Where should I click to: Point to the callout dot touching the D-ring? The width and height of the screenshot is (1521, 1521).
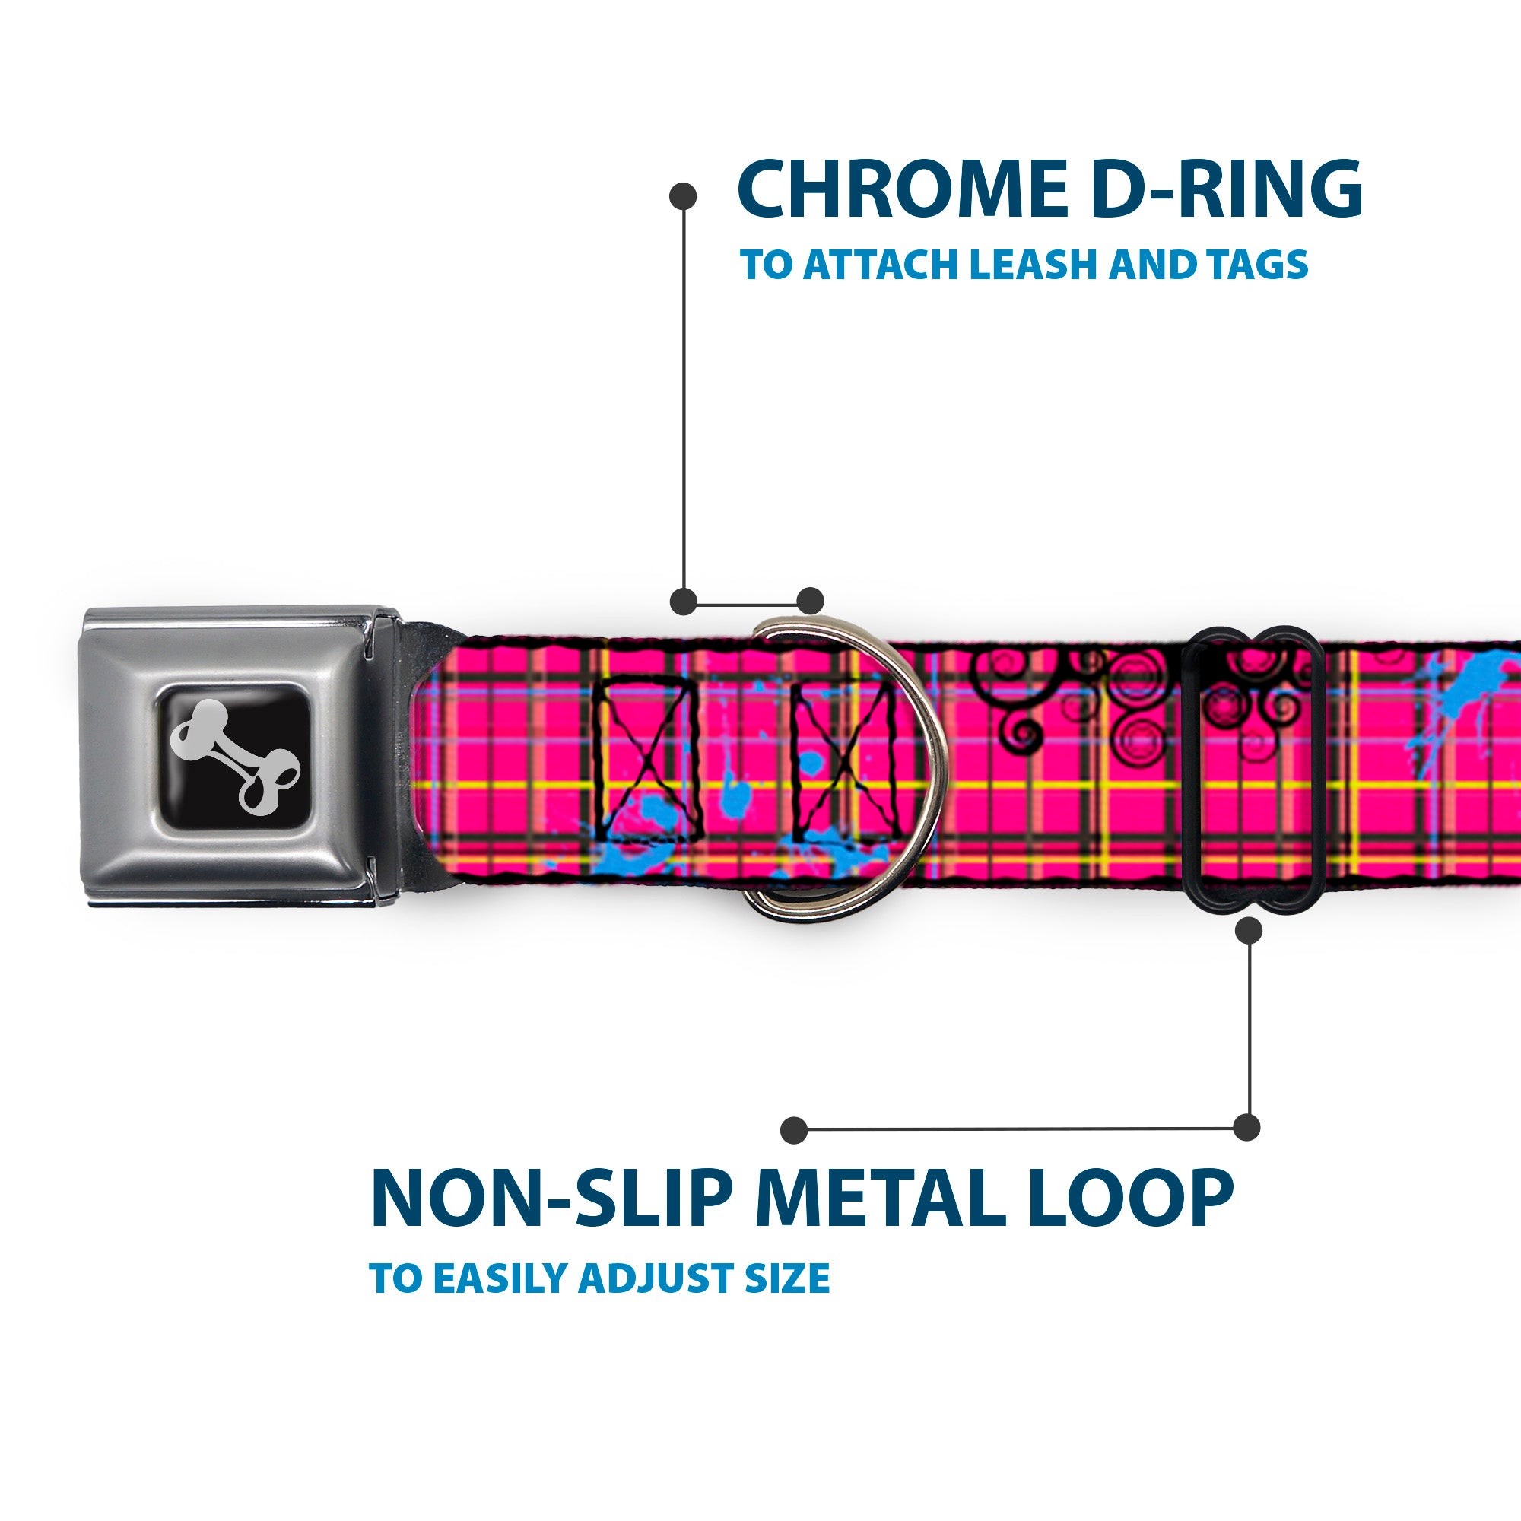810,601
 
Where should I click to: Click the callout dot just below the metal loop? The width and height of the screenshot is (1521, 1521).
1249,932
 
